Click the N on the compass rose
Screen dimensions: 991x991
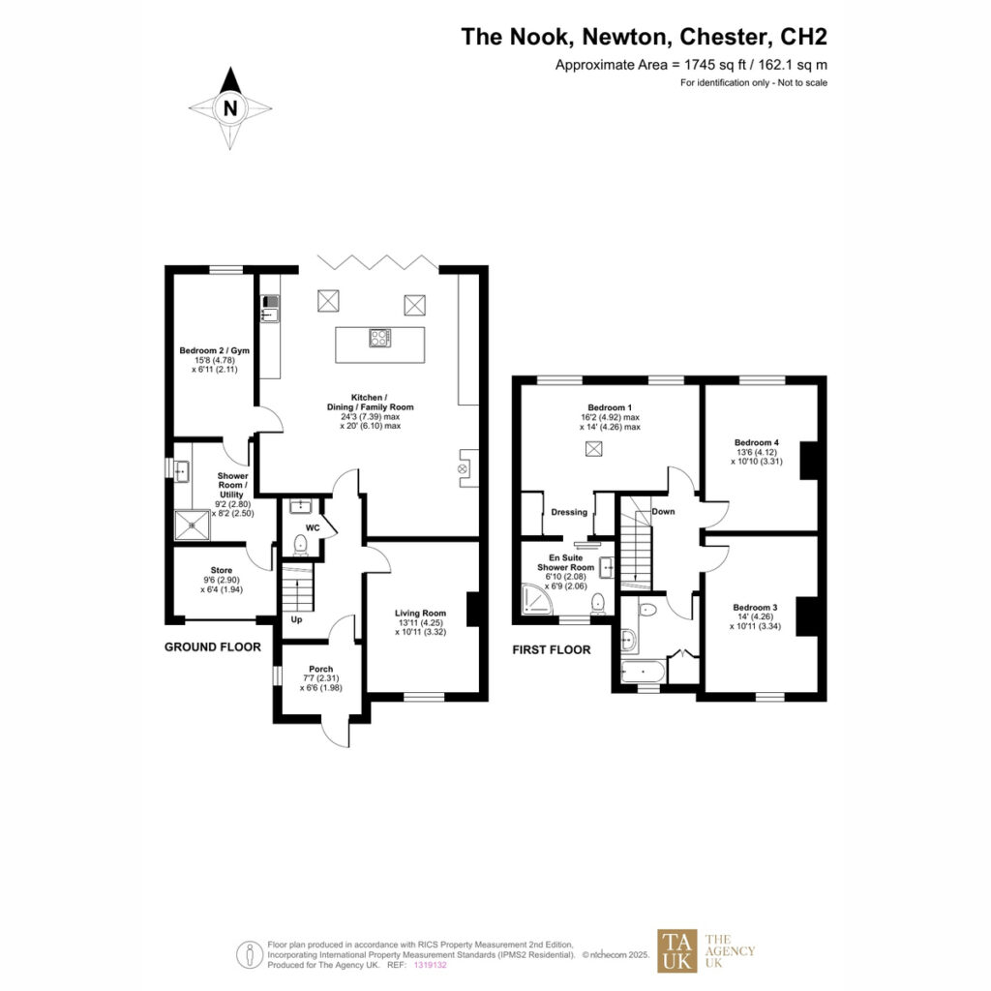click(230, 108)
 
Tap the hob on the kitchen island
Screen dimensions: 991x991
click(379, 338)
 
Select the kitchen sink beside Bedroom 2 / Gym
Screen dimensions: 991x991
click(270, 308)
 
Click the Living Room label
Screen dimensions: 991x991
click(420, 613)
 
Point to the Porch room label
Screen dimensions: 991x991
click(321, 669)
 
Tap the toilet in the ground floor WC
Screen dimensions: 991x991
click(300, 544)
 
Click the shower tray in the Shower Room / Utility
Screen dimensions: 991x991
click(193, 526)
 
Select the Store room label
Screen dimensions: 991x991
click(222, 570)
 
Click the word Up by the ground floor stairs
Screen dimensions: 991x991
click(296, 619)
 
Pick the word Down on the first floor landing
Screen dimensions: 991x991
click(663, 512)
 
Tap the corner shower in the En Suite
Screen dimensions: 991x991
click(537, 599)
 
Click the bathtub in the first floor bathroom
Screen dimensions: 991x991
click(643, 672)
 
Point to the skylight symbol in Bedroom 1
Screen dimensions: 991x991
click(593, 449)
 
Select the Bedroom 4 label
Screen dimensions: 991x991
click(757, 442)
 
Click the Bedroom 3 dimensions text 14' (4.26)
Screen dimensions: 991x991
click(756, 616)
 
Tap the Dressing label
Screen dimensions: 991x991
click(569, 512)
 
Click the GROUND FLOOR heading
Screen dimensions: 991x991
click(212, 647)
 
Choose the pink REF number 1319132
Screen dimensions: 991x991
click(430, 965)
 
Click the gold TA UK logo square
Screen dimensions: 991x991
click(676, 950)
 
